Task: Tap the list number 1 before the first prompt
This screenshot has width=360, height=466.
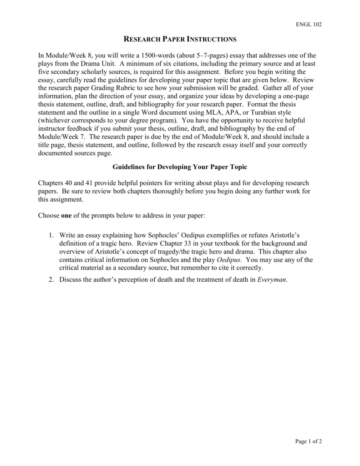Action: coord(51,235)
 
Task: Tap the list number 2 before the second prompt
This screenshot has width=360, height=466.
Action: coord(51,279)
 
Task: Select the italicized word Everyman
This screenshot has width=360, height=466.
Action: coord(272,279)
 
